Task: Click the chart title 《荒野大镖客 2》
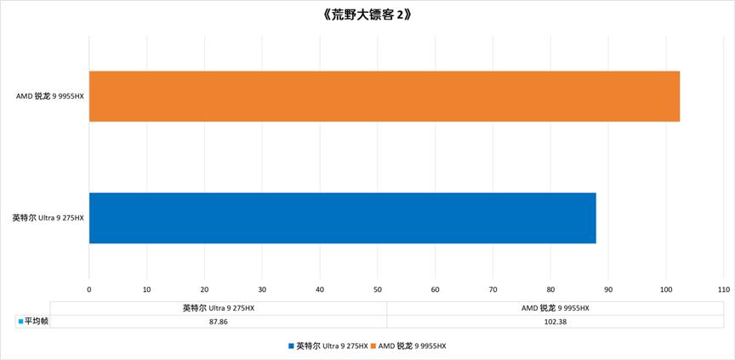[367, 15]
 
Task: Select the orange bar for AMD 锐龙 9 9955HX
[384, 96]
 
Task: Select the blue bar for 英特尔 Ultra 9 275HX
[342, 218]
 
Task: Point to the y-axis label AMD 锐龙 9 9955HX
[50, 96]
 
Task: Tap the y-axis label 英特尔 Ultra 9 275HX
[48, 218]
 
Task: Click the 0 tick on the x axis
[89, 289]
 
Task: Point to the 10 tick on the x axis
[147, 289]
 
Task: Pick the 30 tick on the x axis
[262, 289]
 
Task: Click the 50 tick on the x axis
[378, 289]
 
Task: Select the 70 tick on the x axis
[493, 289]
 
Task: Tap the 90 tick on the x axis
[608, 289]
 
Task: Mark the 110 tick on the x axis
[723, 289]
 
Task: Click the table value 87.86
[219, 321]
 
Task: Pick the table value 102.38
[555, 321]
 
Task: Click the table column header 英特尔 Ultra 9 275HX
[219, 308]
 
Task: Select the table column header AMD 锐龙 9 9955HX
[555, 308]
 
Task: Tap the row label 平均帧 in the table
[35, 321]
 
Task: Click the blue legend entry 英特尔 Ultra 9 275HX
[332, 346]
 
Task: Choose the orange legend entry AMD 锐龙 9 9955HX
[412, 346]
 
